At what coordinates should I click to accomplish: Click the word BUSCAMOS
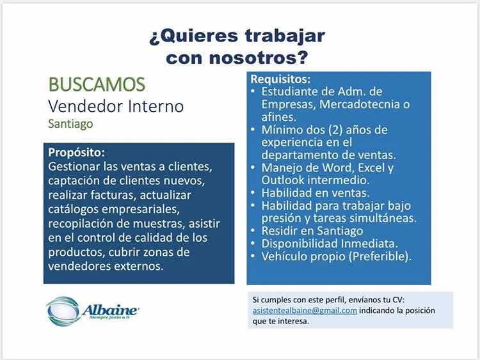97,84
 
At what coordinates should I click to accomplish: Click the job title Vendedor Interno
116,106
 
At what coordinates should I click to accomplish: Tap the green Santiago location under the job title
70,124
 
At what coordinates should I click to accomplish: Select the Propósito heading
77,153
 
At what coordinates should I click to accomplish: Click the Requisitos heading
281,79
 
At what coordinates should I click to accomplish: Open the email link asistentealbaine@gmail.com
305,311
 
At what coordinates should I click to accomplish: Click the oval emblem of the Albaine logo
63,311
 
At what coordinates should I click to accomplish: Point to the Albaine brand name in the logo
110,311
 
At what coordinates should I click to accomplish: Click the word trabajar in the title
285,36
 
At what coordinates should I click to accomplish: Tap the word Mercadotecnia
360,104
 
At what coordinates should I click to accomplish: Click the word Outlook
282,180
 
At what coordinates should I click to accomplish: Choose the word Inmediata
369,244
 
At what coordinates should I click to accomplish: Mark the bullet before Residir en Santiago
253,231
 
